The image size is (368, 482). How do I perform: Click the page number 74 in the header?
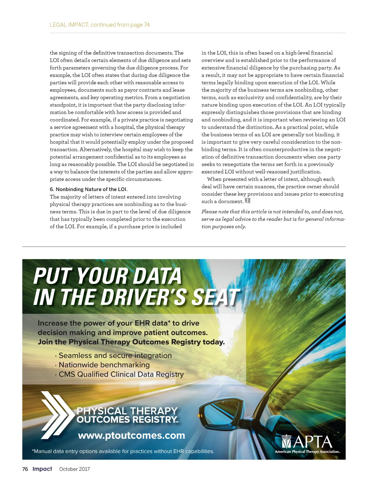tap(147, 25)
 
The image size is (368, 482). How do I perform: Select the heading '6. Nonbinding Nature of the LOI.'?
tap(89, 189)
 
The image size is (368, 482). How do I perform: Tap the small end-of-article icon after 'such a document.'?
tap(248, 201)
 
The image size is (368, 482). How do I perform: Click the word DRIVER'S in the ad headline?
tap(143, 297)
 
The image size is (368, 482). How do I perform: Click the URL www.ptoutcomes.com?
tap(132, 435)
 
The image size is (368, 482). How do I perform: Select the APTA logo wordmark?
tap(307, 442)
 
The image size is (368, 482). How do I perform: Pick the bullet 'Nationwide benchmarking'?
tap(104, 365)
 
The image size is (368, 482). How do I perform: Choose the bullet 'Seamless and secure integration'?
tap(115, 355)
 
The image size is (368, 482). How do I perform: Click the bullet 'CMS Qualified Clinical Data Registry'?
tap(121, 374)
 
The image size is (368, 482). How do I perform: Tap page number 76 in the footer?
tap(25, 469)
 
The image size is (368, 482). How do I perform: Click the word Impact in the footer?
tap(42, 469)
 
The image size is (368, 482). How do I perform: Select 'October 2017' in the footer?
tap(75, 469)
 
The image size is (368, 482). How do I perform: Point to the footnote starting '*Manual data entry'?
tap(123, 451)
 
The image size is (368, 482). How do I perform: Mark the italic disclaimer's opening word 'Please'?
tap(209, 212)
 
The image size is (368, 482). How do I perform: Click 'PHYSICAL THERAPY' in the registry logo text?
tap(127, 411)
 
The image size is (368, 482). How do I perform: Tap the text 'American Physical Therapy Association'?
tap(307, 452)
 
